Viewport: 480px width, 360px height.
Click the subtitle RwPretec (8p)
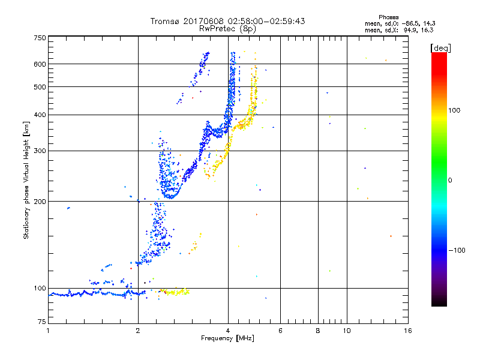[227, 28]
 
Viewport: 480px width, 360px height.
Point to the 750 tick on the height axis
[40, 37]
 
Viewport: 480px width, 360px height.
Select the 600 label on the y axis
[40, 64]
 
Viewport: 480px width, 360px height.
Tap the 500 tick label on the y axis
[40, 87]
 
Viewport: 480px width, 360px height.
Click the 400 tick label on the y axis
[40, 115]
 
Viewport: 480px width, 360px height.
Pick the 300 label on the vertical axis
[40, 151]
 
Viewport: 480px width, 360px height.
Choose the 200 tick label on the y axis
[40, 201]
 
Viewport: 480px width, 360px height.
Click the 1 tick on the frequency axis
[48, 331]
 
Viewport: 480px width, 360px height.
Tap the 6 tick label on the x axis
[280, 331]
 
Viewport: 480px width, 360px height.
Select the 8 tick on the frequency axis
[318, 331]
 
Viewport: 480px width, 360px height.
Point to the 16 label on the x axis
[407, 331]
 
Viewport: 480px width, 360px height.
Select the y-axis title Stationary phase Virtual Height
[26, 180]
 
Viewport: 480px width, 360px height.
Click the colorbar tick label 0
[450, 180]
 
